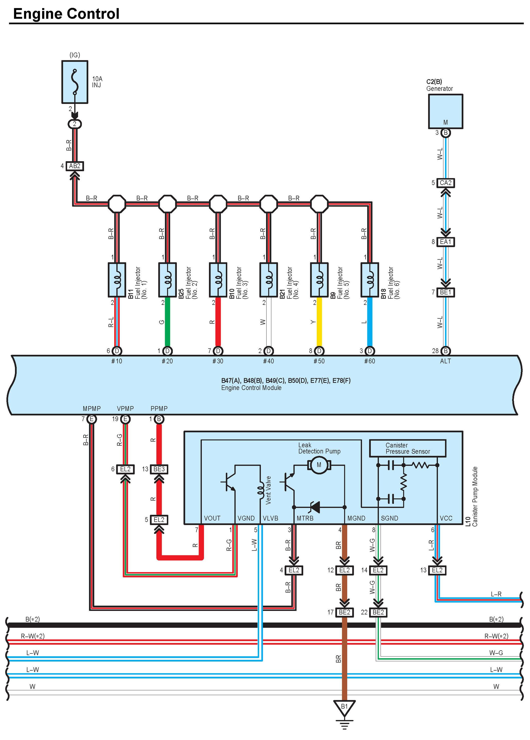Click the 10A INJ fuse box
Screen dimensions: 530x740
(x=75, y=82)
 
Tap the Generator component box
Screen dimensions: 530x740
(x=445, y=111)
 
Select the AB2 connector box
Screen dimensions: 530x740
(x=75, y=166)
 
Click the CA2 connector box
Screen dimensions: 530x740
(x=445, y=183)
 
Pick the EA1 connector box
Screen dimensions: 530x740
(x=445, y=242)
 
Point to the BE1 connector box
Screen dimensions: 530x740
(x=445, y=293)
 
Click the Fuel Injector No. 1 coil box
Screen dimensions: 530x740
(x=117, y=280)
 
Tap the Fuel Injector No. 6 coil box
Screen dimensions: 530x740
(x=370, y=280)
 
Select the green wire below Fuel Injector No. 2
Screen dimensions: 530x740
(x=167, y=322)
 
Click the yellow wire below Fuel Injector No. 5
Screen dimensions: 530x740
(x=319, y=322)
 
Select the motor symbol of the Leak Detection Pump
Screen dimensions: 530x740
(x=319, y=465)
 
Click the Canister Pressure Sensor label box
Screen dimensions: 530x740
(x=408, y=448)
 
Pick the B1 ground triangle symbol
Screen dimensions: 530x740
(x=344, y=708)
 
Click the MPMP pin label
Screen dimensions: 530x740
(x=92, y=408)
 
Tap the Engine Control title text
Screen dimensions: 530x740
(x=66, y=14)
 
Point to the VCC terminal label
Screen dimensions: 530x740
(x=446, y=518)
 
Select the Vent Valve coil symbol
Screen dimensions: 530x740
(x=260, y=490)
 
